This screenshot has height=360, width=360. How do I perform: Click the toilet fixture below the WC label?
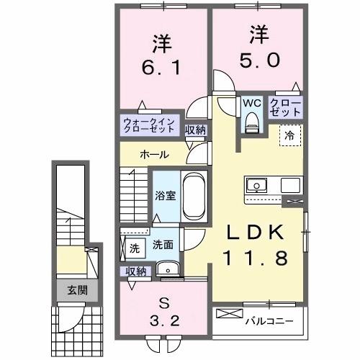coord(251,123)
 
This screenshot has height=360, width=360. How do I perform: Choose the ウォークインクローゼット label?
coord(149,125)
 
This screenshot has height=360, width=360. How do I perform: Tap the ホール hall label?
coord(155,154)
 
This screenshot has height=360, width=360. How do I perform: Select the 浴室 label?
coord(166,196)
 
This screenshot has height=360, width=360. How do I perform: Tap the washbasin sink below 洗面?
coord(171,269)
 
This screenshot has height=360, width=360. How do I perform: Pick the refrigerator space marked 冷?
coord(289,134)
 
